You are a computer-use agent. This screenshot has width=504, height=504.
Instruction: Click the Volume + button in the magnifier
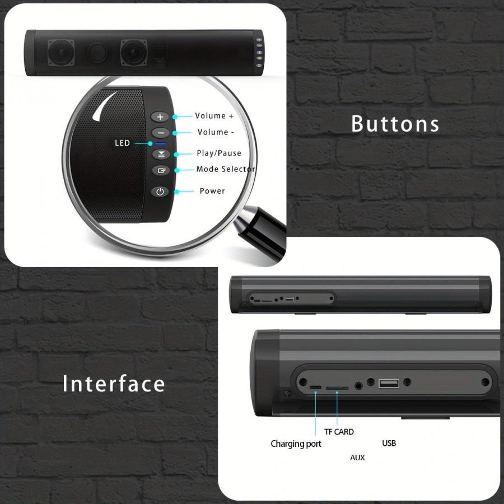tap(160, 116)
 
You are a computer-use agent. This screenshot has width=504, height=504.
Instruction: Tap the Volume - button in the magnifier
tap(160, 133)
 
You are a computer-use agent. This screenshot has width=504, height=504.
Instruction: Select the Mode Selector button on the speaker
tap(161, 170)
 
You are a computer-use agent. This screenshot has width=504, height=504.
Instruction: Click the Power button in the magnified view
tap(160, 192)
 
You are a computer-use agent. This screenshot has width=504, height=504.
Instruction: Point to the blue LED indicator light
tap(160, 144)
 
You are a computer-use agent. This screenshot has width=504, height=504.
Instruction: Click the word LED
tap(123, 143)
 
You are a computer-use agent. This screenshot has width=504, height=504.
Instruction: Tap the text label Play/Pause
tap(219, 153)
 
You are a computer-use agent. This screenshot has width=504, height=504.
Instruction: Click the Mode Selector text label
tap(226, 169)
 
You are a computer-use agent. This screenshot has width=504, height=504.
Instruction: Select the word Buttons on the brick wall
tap(395, 124)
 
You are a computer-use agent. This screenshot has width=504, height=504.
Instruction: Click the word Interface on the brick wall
tap(114, 384)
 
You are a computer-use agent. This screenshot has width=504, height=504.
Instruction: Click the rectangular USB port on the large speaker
tap(389, 383)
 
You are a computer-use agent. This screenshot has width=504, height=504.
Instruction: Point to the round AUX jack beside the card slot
tap(358, 385)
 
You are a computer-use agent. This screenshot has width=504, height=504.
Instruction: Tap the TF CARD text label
tap(339, 432)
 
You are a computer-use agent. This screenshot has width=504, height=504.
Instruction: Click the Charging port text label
tap(296, 444)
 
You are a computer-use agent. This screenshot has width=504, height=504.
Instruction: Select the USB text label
tap(389, 444)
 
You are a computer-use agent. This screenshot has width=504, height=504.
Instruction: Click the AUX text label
tap(357, 458)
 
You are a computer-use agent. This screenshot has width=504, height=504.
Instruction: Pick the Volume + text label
tap(214, 116)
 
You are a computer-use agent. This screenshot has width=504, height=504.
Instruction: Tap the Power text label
tap(212, 191)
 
